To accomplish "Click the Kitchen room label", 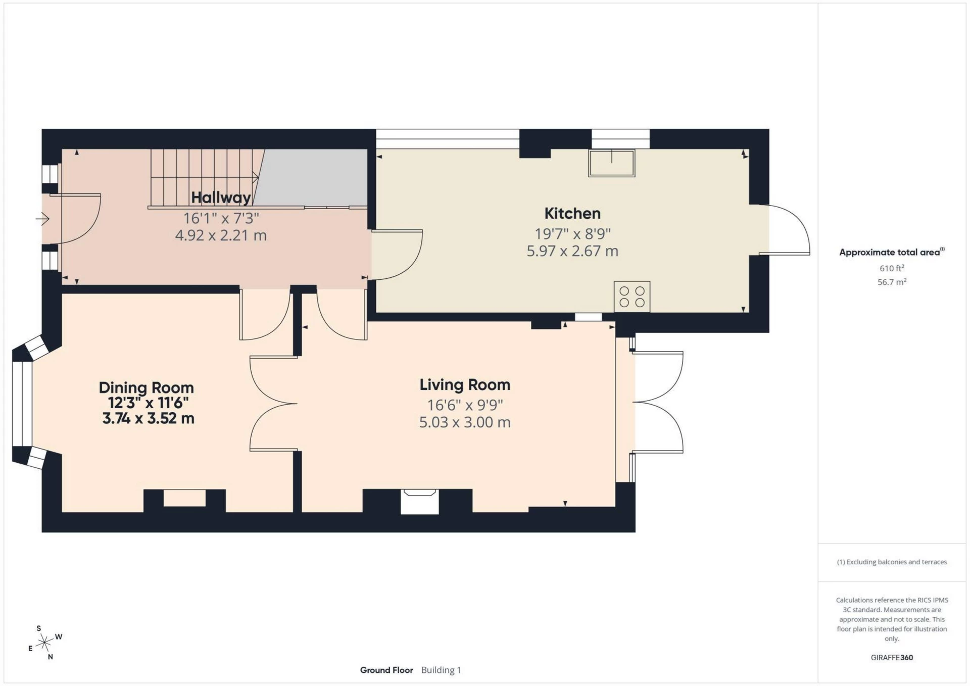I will [x=572, y=214].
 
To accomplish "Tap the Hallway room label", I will [x=221, y=198].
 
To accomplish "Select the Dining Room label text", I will [x=146, y=387].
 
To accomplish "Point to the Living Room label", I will [x=465, y=385].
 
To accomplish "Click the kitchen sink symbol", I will [x=611, y=163].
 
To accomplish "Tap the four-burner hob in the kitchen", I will [x=632, y=297].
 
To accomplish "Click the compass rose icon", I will [x=45, y=643].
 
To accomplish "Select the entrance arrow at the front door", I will [x=42, y=219].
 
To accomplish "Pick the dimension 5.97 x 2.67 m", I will [x=572, y=251].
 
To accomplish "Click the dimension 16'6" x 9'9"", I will [x=465, y=405].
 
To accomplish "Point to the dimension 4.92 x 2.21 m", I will [x=221, y=235].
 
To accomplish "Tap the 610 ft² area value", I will [x=892, y=268].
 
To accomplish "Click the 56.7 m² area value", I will [x=892, y=282].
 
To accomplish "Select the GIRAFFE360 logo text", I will [x=892, y=657].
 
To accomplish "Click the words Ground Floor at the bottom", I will [x=386, y=670].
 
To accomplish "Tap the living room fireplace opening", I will [x=419, y=502].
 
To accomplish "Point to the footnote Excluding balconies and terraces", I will [x=892, y=562].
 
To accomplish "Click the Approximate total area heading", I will [x=890, y=252].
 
